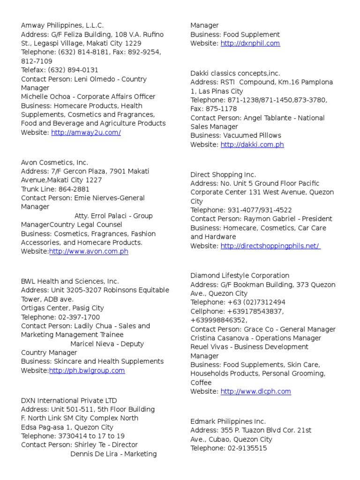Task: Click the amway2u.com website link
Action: click(86, 133)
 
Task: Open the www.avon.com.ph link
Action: click(89, 252)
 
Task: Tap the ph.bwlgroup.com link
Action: click(87, 371)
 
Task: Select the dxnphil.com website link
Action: click(250, 44)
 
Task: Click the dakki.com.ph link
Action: click(252, 145)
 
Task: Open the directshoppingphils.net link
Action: click(270, 246)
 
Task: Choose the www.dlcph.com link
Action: click(255, 391)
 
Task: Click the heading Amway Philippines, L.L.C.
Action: click(62, 25)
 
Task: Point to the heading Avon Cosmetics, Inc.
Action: click(54, 163)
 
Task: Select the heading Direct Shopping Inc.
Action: click(223, 174)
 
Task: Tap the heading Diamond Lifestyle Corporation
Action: click(240, 276)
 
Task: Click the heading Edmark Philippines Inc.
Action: click(228, 421)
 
